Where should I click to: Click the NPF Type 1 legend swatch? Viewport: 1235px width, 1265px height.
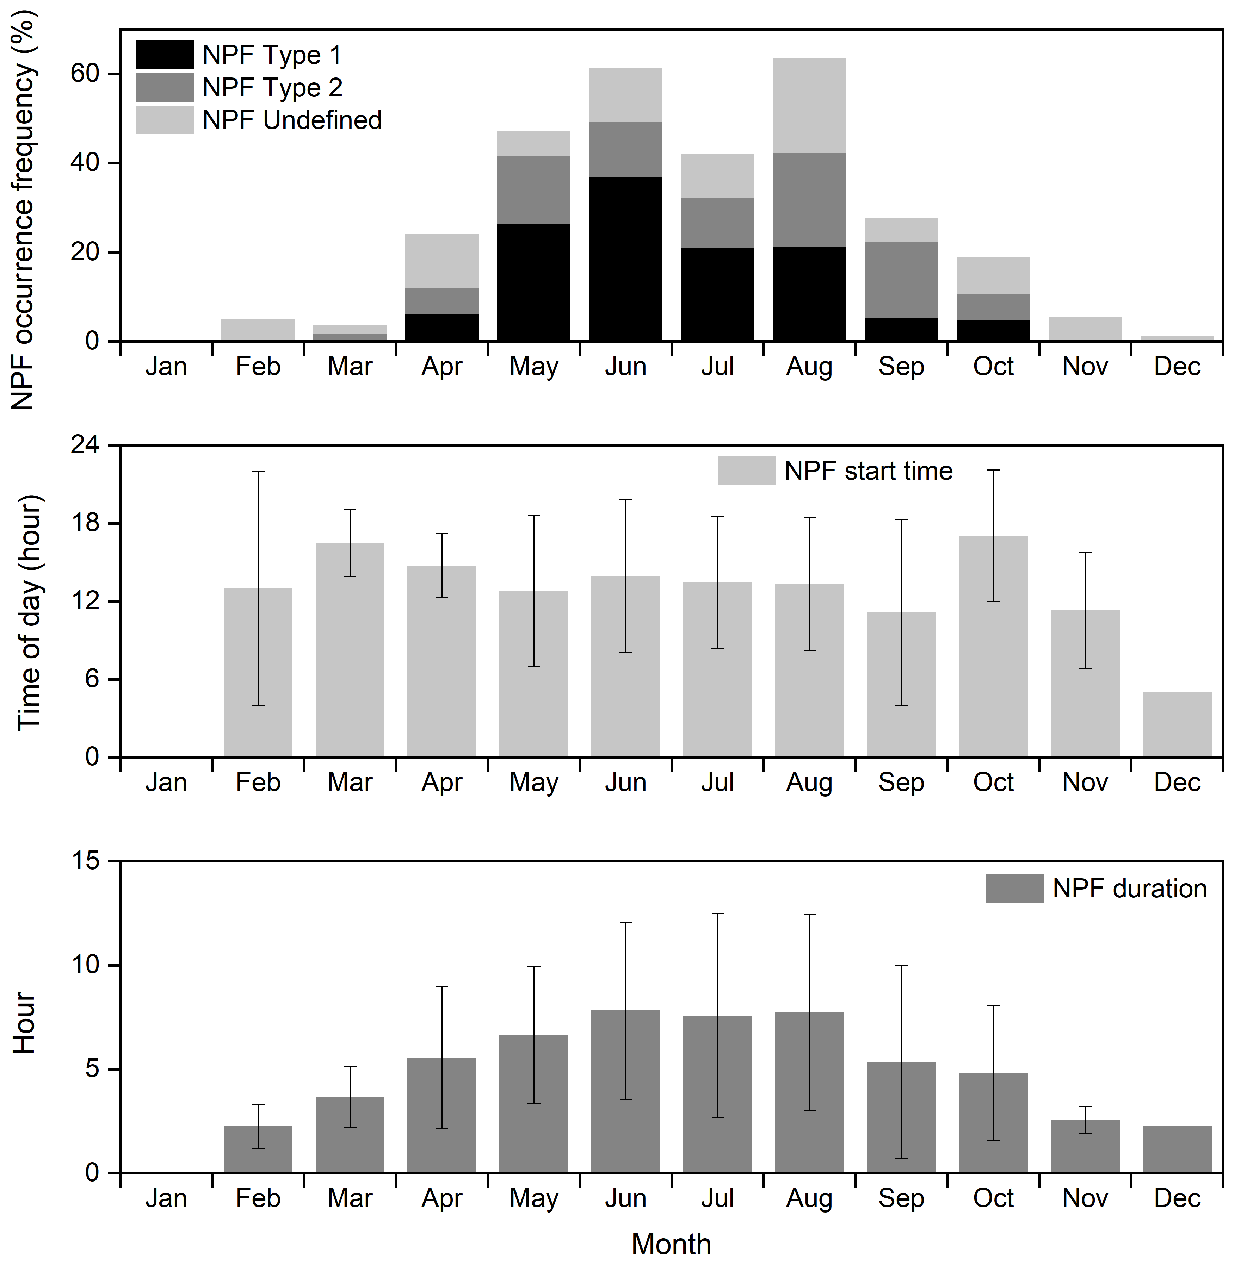coord(165,55)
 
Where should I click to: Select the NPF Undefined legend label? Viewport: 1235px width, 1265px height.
coord(292,120)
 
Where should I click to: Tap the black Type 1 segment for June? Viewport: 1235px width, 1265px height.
coord(625,259)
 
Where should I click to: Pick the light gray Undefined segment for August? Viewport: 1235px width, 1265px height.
coord(809,106)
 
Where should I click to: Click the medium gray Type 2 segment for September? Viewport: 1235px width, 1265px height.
coord(901,280)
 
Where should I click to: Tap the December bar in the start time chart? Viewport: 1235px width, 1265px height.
coord(1177,724)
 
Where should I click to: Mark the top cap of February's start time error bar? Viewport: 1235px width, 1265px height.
coord(258,472)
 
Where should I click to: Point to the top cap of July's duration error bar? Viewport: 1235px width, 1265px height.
coord(717,914)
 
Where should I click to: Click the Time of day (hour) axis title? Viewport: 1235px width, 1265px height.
coord(29,613)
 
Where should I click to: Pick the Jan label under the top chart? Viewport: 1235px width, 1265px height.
coord(166,367)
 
